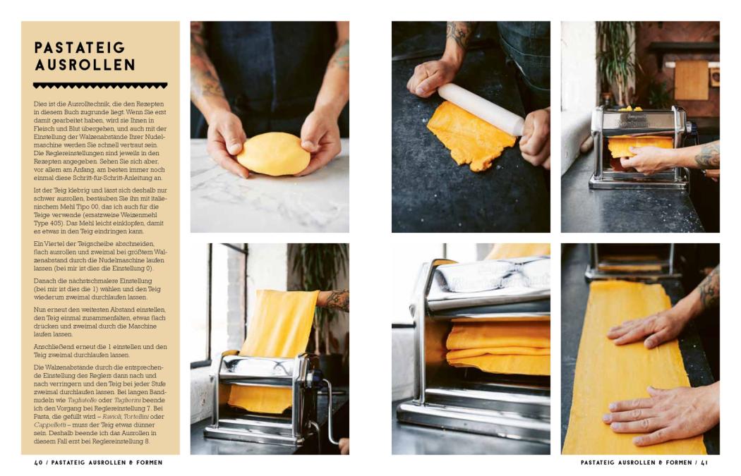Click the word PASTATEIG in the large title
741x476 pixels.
(x=80, y=47)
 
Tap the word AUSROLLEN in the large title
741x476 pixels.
(x=85, y=65)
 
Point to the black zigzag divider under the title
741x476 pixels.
(x=100, y=85)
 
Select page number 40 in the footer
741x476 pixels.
(x=38, y=463)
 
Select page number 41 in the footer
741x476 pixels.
(x=704, y=463)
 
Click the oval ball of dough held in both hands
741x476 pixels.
(x=273, y=154)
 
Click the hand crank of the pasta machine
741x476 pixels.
(x=329, y=407)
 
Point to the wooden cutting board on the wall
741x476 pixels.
(x=691, y=80)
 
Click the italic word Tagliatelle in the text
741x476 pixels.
(x=82, y=400)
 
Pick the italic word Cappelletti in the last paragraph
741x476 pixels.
(x=48, y=425)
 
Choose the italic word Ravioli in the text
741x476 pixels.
(x=111, y=417)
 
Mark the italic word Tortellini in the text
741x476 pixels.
(x=136, y=417)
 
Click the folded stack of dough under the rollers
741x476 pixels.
(x=498, y=346)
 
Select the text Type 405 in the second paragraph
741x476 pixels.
(x=46, y=223)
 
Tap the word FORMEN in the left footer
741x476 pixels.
(x=149, y=463)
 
